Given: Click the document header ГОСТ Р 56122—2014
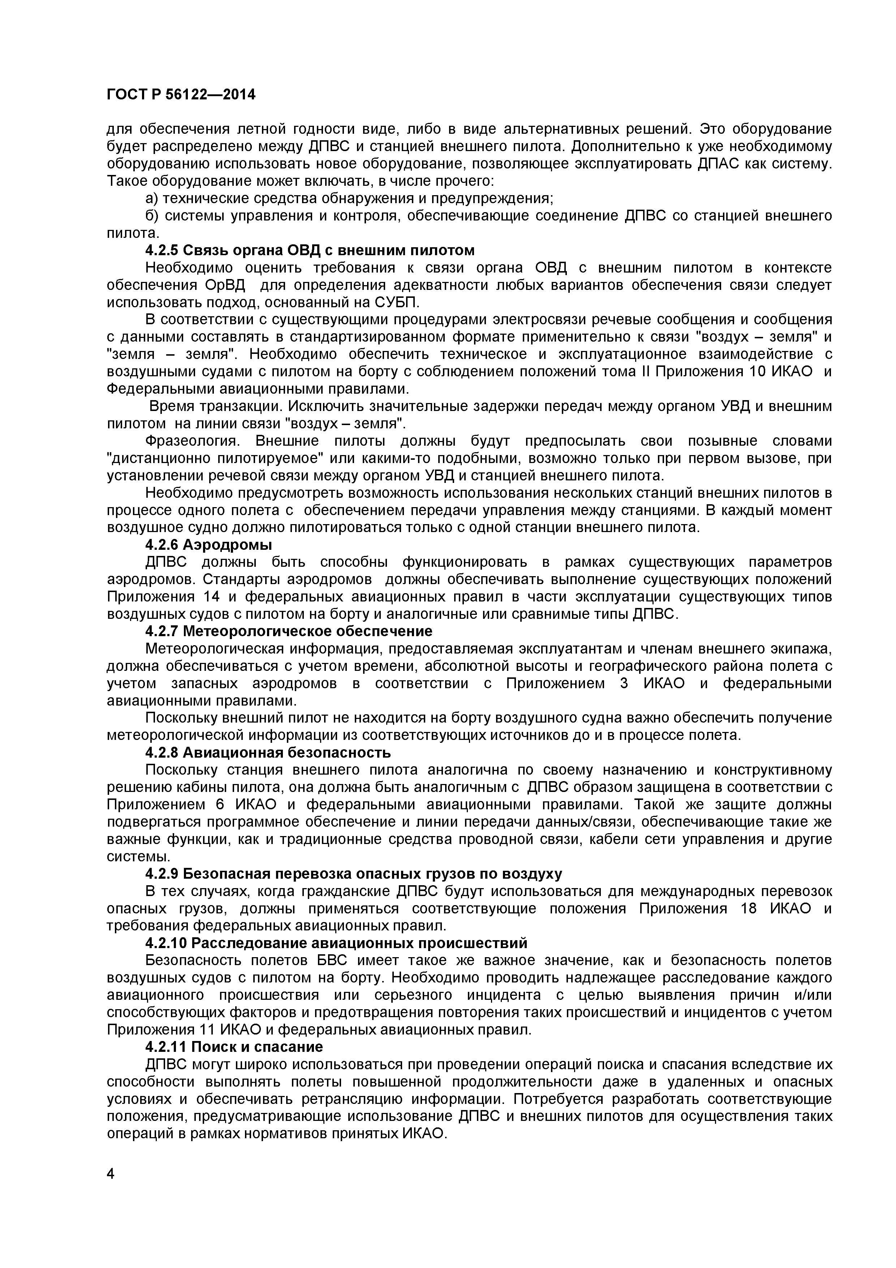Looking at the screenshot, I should (181, 95).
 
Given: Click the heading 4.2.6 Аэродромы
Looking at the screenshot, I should (209, 544).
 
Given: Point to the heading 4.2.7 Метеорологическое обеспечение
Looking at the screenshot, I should (289, 631).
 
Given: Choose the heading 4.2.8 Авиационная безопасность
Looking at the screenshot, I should (268, 752).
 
